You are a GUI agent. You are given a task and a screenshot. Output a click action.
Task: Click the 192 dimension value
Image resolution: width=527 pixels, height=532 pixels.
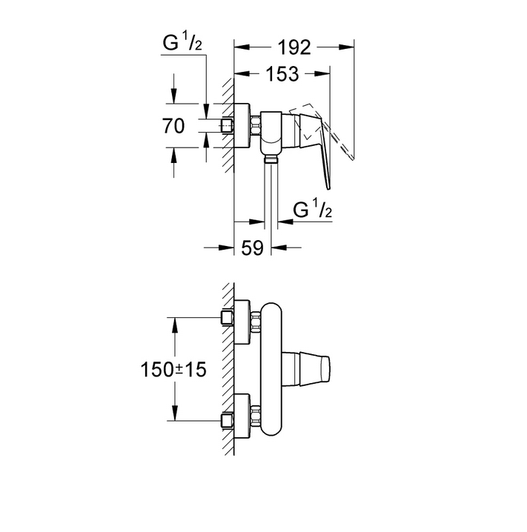294,47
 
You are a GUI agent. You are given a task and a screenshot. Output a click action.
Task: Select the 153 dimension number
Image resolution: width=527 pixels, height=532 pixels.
282,74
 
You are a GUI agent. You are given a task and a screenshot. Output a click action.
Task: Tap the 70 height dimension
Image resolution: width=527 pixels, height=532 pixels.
173,126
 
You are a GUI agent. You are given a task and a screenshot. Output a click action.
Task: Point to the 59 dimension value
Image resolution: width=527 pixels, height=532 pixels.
252,247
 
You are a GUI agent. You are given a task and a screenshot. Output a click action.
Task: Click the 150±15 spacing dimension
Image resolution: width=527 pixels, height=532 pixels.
173,369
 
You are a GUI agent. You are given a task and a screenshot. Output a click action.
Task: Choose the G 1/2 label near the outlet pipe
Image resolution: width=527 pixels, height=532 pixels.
313,209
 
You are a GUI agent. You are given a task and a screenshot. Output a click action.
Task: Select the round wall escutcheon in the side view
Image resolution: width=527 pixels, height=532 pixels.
242,125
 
